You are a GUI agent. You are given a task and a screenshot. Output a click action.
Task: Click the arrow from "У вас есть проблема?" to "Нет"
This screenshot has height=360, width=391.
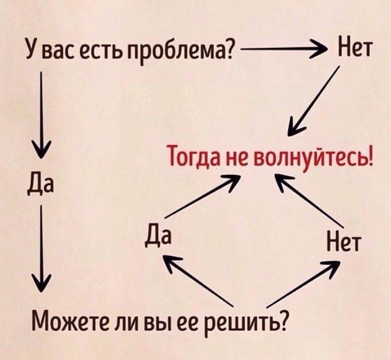coord(284,49)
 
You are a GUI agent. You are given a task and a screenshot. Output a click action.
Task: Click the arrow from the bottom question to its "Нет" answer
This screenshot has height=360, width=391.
coord(303,284)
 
